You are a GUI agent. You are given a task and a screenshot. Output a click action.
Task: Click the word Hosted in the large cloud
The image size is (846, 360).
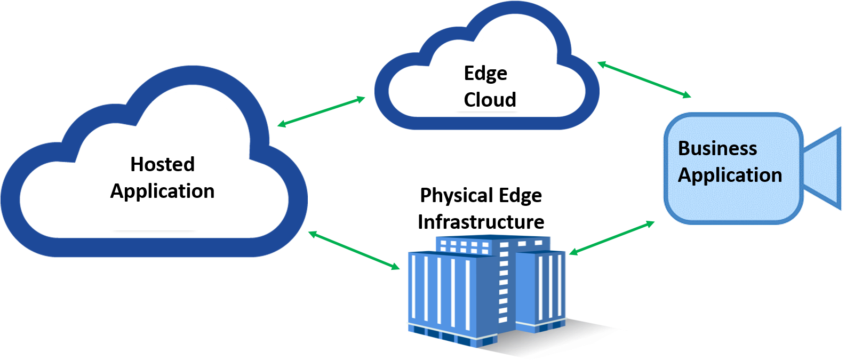point(162,164)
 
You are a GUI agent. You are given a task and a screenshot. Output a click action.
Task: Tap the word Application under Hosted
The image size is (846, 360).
point(162,191)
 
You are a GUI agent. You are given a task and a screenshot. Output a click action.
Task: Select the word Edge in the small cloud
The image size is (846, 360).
point(485,74)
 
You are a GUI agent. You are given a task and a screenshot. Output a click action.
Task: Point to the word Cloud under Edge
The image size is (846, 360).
point(490,100)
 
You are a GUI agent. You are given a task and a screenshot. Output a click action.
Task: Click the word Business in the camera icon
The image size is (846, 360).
point(717,148)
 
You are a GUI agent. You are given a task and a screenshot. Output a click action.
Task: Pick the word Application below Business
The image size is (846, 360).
point(729,175)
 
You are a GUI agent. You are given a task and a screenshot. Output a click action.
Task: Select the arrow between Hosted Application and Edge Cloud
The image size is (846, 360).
point(321,112)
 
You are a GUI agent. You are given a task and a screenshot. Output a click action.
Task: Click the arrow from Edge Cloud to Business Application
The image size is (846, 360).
point(643,79)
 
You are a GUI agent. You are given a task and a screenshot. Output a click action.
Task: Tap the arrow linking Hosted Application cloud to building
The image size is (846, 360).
point(354,250)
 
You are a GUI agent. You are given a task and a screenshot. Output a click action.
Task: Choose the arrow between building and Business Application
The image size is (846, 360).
point(612,237)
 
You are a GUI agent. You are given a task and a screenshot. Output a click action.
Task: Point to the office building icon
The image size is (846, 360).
point(485,288)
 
